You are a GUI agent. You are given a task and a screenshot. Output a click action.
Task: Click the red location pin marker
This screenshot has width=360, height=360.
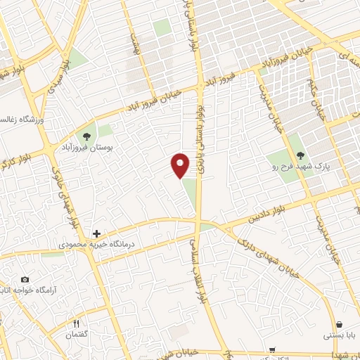point(181,165)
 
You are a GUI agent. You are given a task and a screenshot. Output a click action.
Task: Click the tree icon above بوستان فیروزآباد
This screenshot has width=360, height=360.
point(87,136)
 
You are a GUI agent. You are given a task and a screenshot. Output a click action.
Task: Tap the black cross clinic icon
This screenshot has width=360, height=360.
point(96,233)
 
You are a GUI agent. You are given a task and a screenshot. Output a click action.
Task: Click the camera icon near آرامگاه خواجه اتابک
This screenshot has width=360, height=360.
point(25,280)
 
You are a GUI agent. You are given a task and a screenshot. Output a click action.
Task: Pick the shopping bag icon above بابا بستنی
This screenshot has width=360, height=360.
point(340,324)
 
